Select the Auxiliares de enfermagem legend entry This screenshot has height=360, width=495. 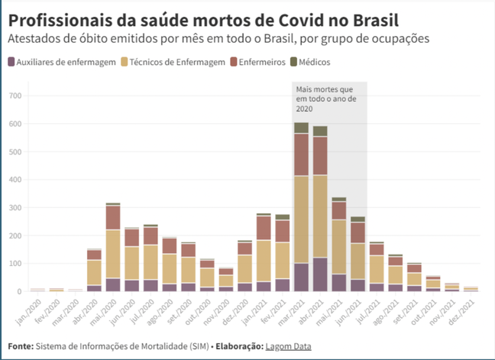(x=60, y=62)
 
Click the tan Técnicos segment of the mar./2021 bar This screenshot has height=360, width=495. (x=301, y=219)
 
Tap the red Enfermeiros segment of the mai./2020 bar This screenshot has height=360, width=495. (x=113, y=218)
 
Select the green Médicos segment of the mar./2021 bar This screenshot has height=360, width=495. (x=301, y=128)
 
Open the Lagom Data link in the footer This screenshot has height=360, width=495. (x=288, y=346)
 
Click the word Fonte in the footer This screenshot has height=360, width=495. (x=21, y=346)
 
